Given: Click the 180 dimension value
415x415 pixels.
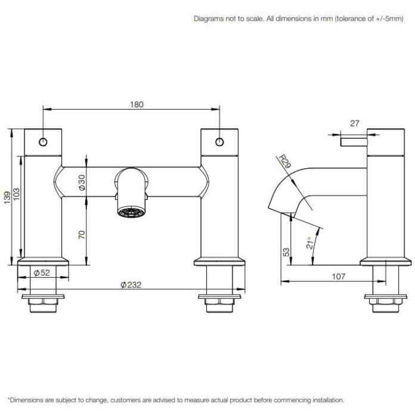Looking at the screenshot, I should pos(137,104).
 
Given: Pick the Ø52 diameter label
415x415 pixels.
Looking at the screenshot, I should pos(41,273).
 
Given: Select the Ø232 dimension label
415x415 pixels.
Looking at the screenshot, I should pos(130,285).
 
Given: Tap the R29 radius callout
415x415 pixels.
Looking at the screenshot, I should pos(284,162).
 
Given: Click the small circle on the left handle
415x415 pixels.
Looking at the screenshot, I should pos(43,142).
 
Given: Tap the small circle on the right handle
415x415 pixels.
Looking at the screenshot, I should pos(219,142).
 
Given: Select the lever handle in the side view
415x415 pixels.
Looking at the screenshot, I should pos(354,141).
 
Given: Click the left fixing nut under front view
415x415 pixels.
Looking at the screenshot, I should pos(42,305).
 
